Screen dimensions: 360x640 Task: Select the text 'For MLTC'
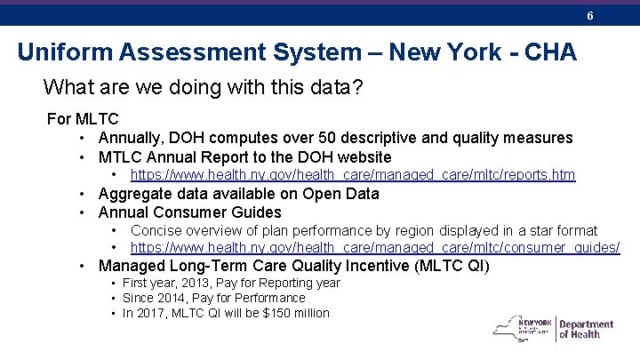pyautogui.click(x=83, y=119)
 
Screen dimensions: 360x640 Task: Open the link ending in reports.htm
pyautogui.click(x=353, y=175)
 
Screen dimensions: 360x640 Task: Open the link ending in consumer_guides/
pyautogui.click(x=375, y=248)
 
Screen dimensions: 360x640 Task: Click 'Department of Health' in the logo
pyautogui.click(x=586, y=330)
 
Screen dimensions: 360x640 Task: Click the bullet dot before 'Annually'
pyautogui.click(x=81, y=138)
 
